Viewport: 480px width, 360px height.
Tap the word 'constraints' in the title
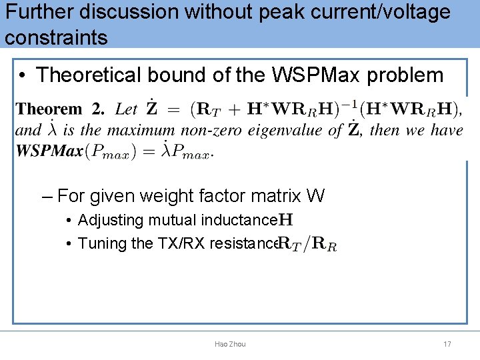[x=56, y=37]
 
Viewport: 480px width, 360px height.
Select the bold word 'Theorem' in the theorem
[x=49, y=109]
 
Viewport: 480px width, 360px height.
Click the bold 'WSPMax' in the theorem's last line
[x=49, y=151]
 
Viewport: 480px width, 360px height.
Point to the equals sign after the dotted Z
[x=173, y=109]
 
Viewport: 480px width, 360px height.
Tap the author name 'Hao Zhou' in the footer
[x=230, y=344]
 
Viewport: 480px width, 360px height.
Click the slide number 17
[x=447, y=344]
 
